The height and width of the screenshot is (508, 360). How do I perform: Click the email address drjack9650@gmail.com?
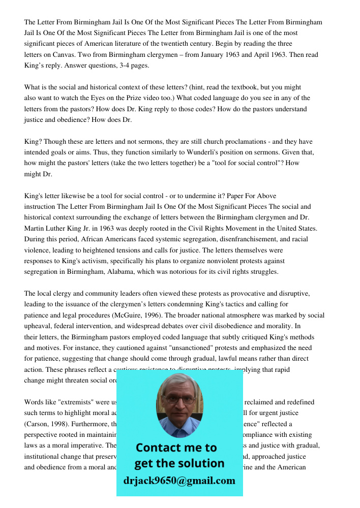coord(179,481)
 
